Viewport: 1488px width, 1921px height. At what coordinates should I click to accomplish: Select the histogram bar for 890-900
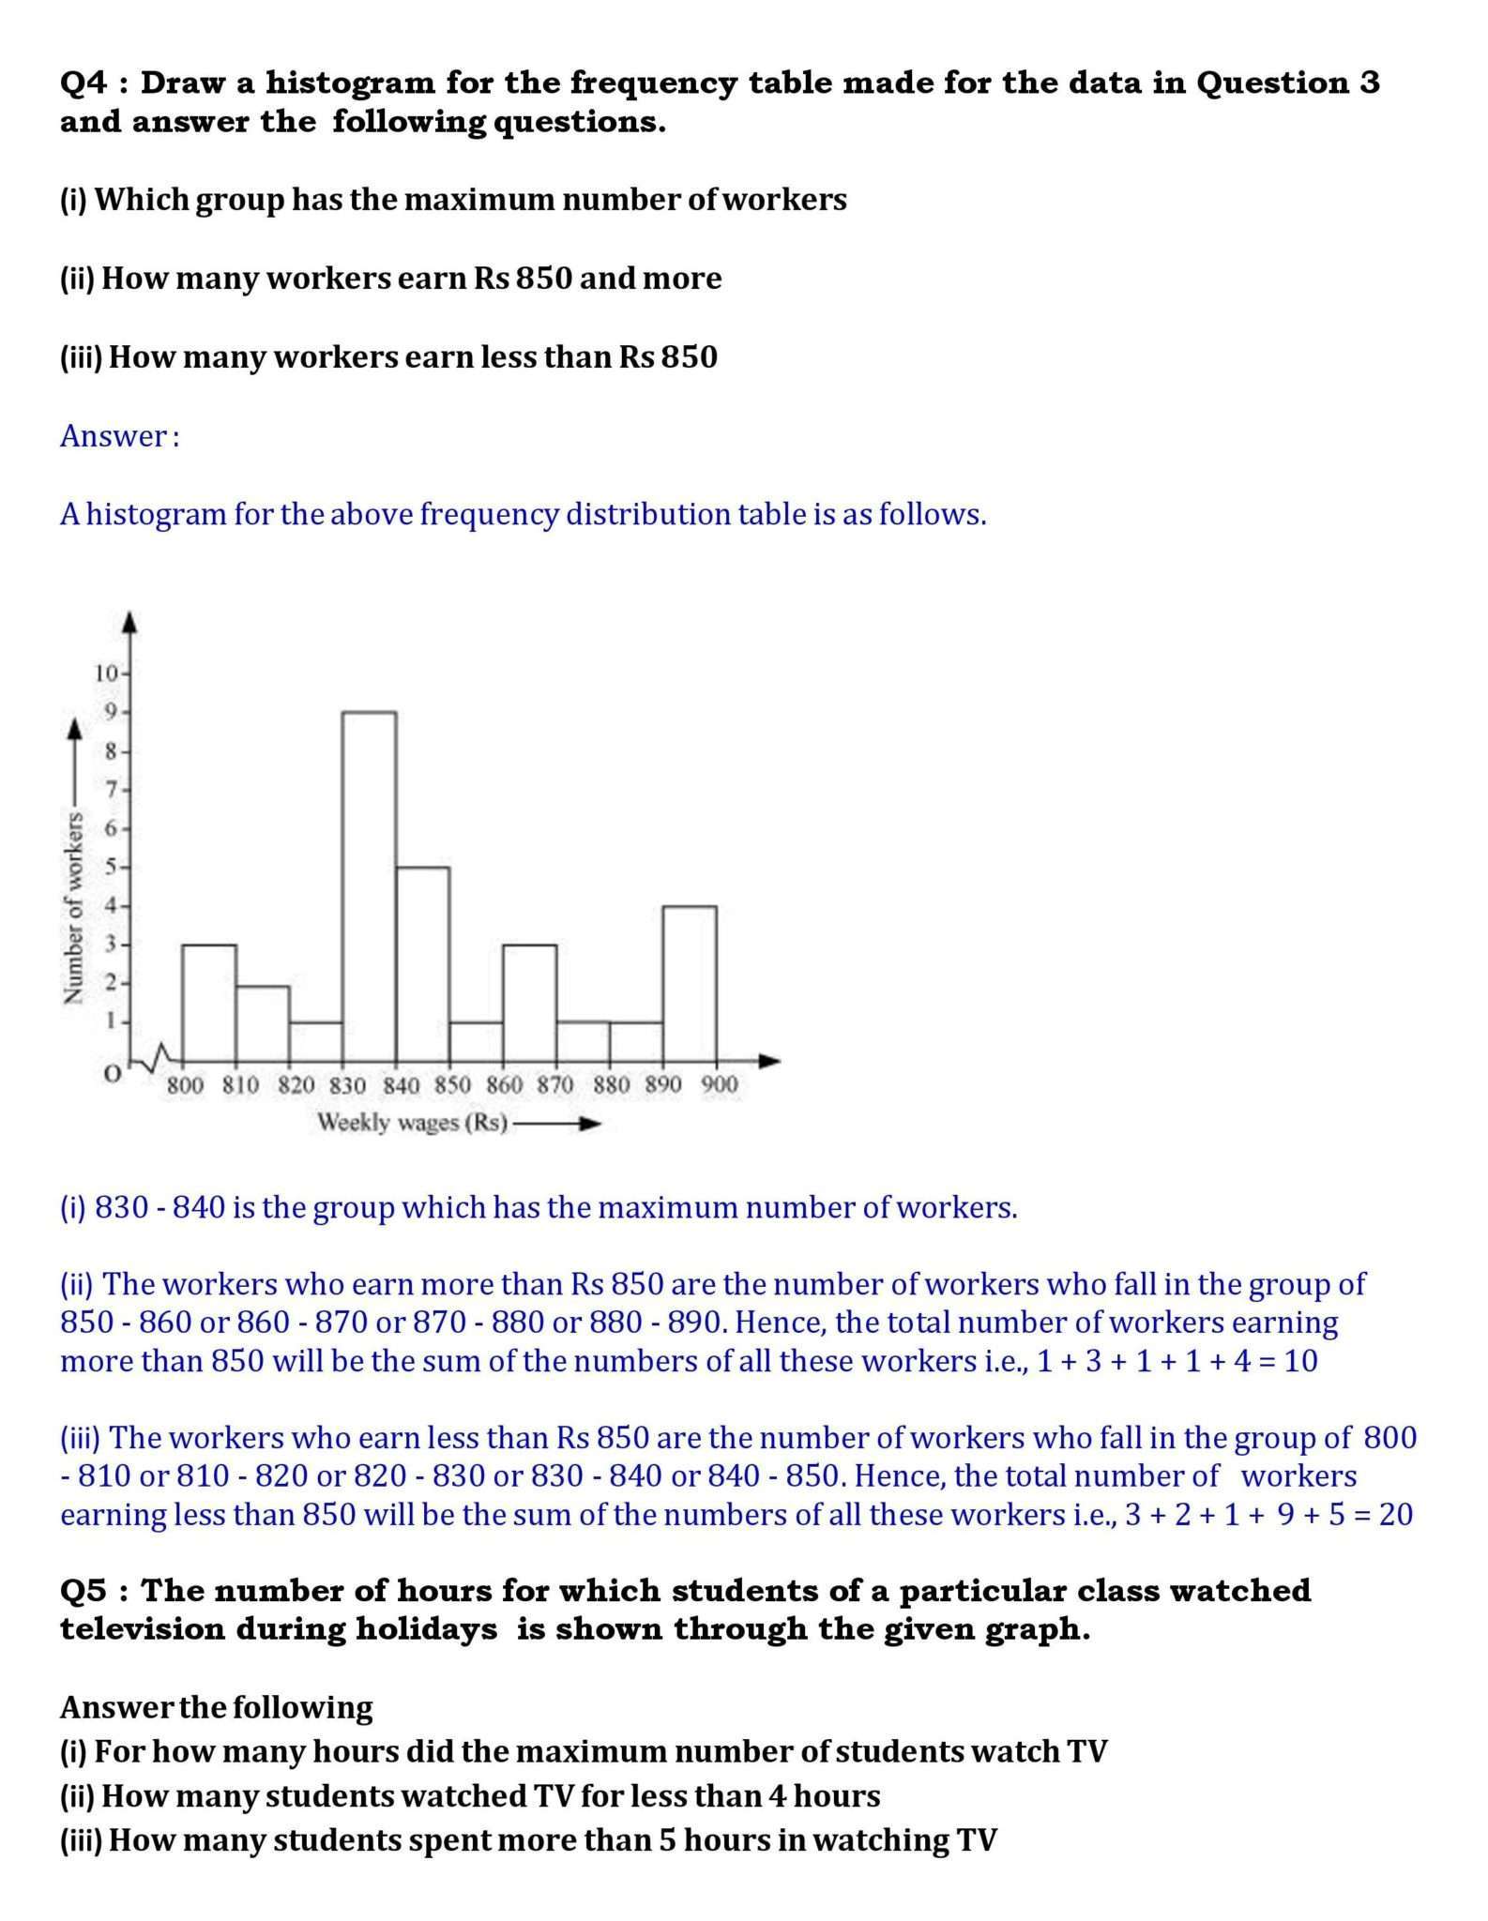[x=690, y=982]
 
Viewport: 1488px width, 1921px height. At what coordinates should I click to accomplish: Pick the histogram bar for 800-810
[x=208, y=1002]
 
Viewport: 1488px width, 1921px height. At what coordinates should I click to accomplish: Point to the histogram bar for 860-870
[x=529, y=1002]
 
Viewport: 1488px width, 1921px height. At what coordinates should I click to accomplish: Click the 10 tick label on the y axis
[x=105, y=673]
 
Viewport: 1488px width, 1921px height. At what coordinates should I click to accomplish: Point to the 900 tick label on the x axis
[x=720, y=1085]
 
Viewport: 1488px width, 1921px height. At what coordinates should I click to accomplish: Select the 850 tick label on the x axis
[x=452, y=1085]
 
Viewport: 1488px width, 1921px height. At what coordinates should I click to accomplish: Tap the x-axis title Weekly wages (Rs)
[x=413, y=1123]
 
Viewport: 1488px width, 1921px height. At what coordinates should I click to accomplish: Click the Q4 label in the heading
[x=85, y=83]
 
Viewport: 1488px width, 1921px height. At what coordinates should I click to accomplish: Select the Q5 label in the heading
[x=85, y=1591]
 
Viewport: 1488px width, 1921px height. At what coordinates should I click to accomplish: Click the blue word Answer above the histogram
[x=114, y=436]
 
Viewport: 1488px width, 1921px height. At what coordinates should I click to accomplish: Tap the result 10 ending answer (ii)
[x=1300, y=1361]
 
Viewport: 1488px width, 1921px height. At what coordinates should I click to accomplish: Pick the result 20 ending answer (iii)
[x=1396, y=1515]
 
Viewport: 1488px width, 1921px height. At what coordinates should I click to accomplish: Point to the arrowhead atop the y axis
[x=129, y=622]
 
